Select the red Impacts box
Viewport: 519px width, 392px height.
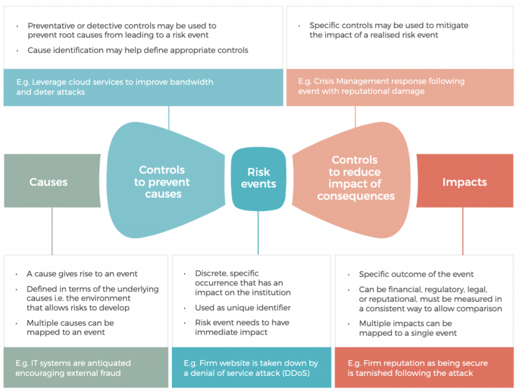point(464,181)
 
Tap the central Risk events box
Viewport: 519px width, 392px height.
point(258,178)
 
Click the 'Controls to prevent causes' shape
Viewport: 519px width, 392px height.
point(162,181)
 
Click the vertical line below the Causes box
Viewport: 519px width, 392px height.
point(52,230)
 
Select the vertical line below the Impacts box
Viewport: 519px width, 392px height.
point(462,230)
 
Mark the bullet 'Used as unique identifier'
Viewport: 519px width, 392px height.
point(236,307)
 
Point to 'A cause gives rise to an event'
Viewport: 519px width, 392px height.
point(82,273)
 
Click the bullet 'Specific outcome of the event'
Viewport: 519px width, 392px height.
point(416,274)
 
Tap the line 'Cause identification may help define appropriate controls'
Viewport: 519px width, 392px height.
point(138,50)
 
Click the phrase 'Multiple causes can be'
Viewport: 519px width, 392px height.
point(70,323)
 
